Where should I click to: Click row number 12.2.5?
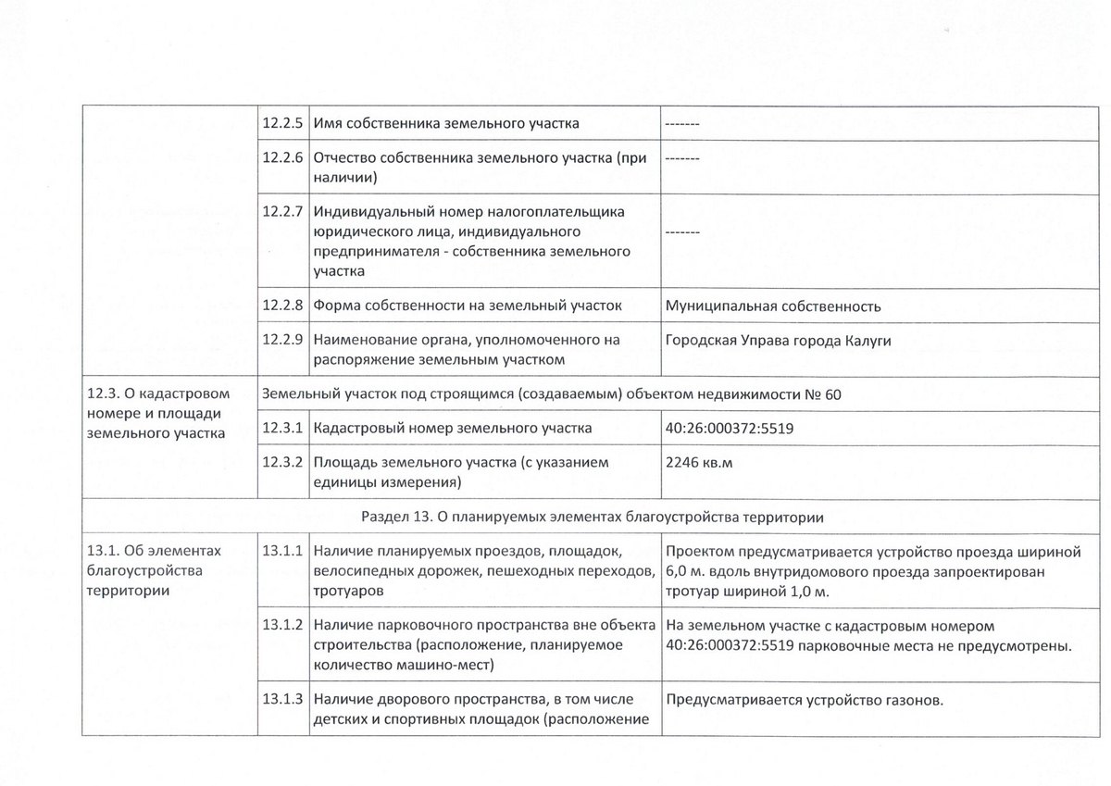click(282, 124)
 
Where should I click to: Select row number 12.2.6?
click(282, 158)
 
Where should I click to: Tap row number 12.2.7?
click(282, 211)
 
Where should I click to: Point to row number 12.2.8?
click(282, 306)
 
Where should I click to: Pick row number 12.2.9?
click(282, 341)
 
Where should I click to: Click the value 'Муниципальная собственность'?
click(773, 306)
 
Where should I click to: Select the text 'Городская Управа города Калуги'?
click(778, 341)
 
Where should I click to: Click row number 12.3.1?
click(282, 428)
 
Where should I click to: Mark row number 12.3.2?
click(282, 462)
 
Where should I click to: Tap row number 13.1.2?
click(282, 625)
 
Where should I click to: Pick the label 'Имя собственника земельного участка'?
click(447, 124)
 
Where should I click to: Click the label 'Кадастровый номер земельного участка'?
click(453, 429)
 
